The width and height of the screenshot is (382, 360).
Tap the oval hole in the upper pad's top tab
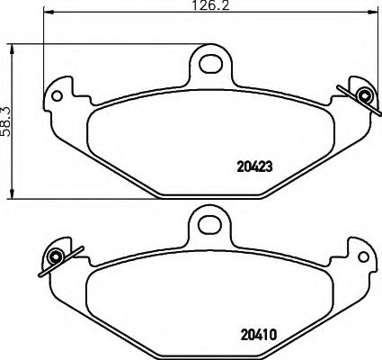(x=210, y=62)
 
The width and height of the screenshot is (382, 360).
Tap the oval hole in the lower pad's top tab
(x=210, y=224)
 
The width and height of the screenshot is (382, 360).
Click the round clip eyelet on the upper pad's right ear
(x=363, y=96)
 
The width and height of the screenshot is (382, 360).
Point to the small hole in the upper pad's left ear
(x=58, y=94)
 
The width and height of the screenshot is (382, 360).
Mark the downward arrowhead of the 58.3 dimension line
(x=12, y=195)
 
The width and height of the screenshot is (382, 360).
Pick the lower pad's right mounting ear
(x=360, y=256)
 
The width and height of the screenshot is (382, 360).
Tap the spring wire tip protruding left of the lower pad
(x=40, y=273)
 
